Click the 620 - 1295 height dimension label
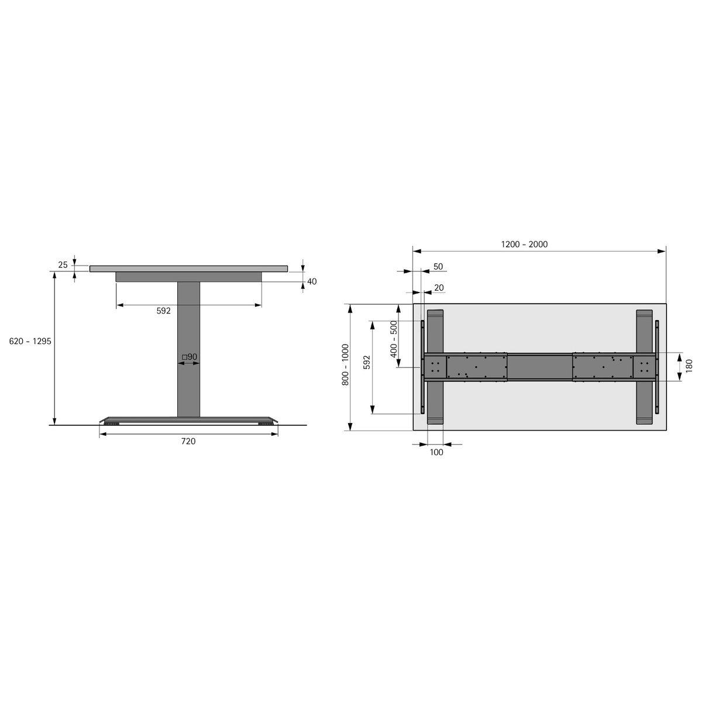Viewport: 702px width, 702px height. [30, 341]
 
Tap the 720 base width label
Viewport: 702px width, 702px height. [188, 441]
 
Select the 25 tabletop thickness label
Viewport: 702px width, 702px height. [63, 265]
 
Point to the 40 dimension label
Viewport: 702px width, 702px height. [312, 281]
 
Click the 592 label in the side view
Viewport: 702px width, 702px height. [164, 311]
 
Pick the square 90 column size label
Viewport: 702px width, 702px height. [190, 357]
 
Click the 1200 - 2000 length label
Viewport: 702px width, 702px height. [524, 244]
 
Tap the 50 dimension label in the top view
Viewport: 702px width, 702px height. [438, 266]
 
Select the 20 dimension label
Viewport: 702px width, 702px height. [439, 287]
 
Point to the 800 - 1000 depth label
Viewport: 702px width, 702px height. [345, 364]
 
